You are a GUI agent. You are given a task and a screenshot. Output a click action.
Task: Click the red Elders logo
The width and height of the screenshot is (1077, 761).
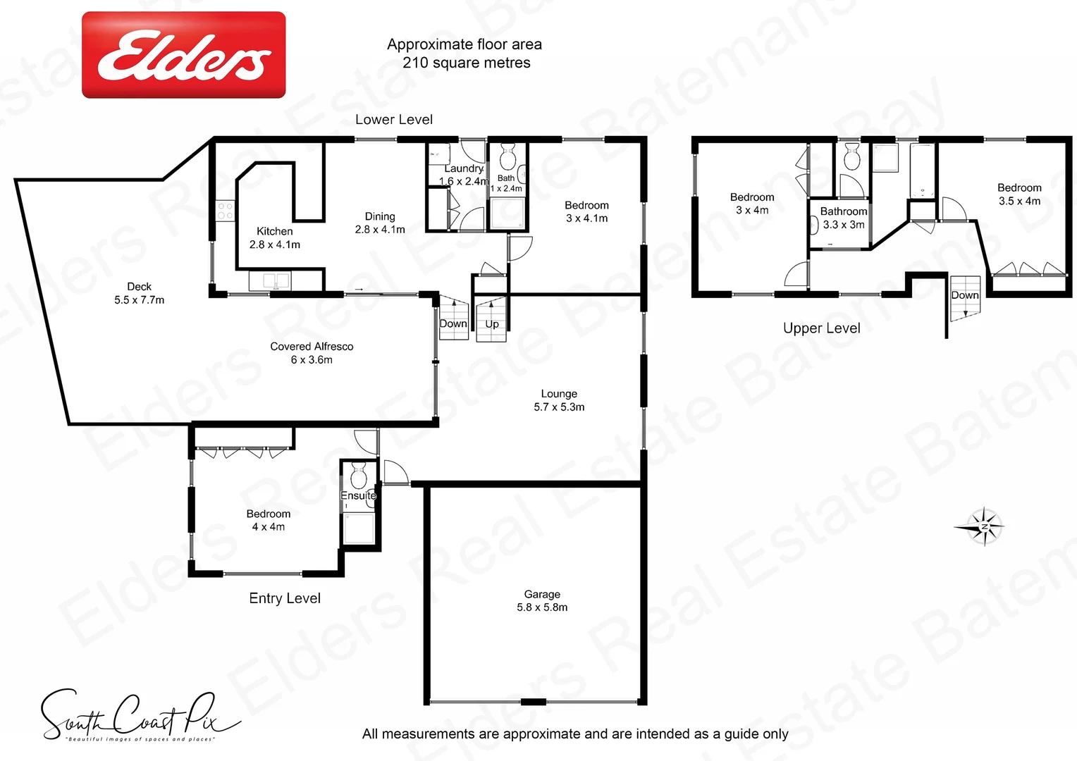point(184,55)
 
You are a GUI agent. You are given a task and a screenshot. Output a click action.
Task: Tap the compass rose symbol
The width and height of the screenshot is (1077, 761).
point(982,526)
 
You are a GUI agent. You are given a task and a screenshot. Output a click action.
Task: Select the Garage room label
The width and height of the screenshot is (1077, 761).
point(542,600)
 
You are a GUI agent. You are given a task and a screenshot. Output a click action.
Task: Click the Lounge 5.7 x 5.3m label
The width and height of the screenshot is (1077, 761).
point(559,400)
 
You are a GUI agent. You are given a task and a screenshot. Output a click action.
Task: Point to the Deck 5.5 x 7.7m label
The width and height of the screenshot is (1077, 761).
point(140,293)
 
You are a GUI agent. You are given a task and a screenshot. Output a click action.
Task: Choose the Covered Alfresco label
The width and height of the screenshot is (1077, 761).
point(312,353)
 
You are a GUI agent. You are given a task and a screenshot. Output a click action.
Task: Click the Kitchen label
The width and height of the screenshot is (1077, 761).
point(274,237)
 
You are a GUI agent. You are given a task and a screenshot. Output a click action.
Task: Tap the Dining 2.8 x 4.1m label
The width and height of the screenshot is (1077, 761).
point(380,223)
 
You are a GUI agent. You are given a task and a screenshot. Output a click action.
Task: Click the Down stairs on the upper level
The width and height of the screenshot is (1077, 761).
point(964,298)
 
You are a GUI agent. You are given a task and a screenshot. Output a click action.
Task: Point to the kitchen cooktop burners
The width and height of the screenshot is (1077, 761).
point(225,211)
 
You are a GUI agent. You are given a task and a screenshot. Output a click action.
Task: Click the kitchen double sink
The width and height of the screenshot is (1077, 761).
point(269,280)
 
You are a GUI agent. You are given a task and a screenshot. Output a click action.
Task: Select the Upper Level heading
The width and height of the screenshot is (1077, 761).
point(821,328)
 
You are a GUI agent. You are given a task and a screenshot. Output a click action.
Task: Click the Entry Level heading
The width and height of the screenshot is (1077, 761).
point(285,598)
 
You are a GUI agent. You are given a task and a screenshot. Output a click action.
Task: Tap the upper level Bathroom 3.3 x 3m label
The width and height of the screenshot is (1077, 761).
point(844,218)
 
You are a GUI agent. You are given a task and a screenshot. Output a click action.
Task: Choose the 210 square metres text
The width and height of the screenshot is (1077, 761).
point(466,63)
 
